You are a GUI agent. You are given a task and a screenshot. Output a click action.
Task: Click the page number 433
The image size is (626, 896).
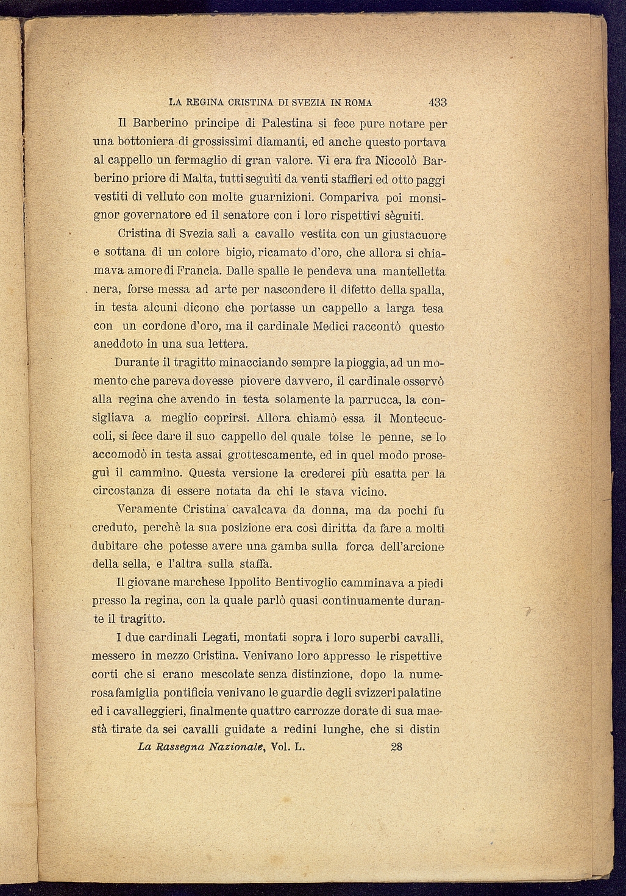[438, 102]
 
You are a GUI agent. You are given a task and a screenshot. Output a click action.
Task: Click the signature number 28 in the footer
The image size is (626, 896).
[396, 747]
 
